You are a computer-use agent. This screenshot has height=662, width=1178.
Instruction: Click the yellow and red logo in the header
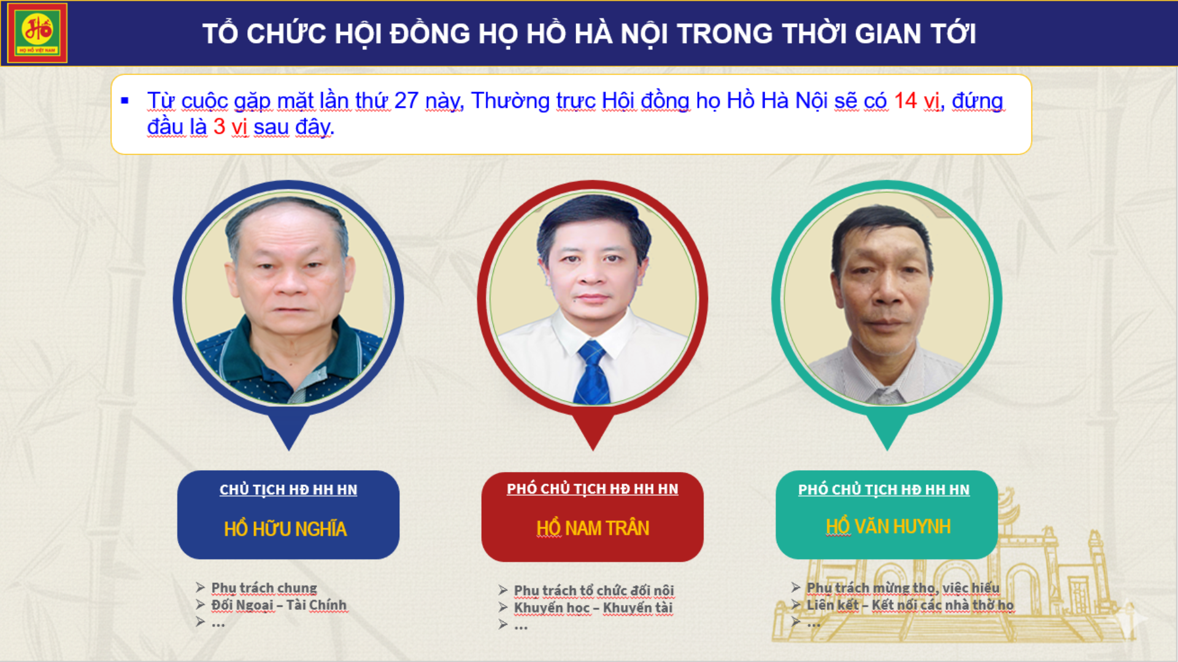(x=37, y=33)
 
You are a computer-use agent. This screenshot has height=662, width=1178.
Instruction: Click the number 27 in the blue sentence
(x=406, y=101)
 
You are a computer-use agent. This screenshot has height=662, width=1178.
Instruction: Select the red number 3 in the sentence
(x=219, y=127)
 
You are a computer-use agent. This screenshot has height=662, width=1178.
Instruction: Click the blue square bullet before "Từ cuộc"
(x=125, y=101)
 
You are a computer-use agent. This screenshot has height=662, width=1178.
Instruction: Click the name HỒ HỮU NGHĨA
(x=285, y=528)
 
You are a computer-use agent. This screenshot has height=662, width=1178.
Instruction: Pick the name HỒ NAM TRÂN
(x=593, y=527)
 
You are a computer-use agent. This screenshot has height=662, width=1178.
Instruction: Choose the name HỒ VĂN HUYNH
(x=888, y=526)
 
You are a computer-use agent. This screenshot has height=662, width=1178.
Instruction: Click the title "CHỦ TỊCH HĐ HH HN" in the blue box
(x=288, y=490)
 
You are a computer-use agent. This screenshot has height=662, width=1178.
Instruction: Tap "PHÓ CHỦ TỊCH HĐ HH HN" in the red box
(x=593, y=489)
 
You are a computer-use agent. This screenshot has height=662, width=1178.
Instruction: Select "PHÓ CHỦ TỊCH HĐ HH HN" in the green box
(x=884, y=490)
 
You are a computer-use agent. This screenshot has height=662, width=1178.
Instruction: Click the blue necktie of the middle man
(x=591, y=373)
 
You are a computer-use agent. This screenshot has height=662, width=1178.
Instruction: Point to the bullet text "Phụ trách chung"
(x=264, y=588)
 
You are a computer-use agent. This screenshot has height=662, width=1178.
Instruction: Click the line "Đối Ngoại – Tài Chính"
(x=279, y=605)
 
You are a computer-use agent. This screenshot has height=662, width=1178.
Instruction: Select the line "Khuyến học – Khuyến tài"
(x=593, y=607)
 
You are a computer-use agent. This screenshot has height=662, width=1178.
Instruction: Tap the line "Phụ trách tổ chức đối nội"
(x=594, y=590)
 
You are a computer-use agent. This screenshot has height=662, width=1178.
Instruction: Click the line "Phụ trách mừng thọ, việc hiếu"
(x=903, y=588)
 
